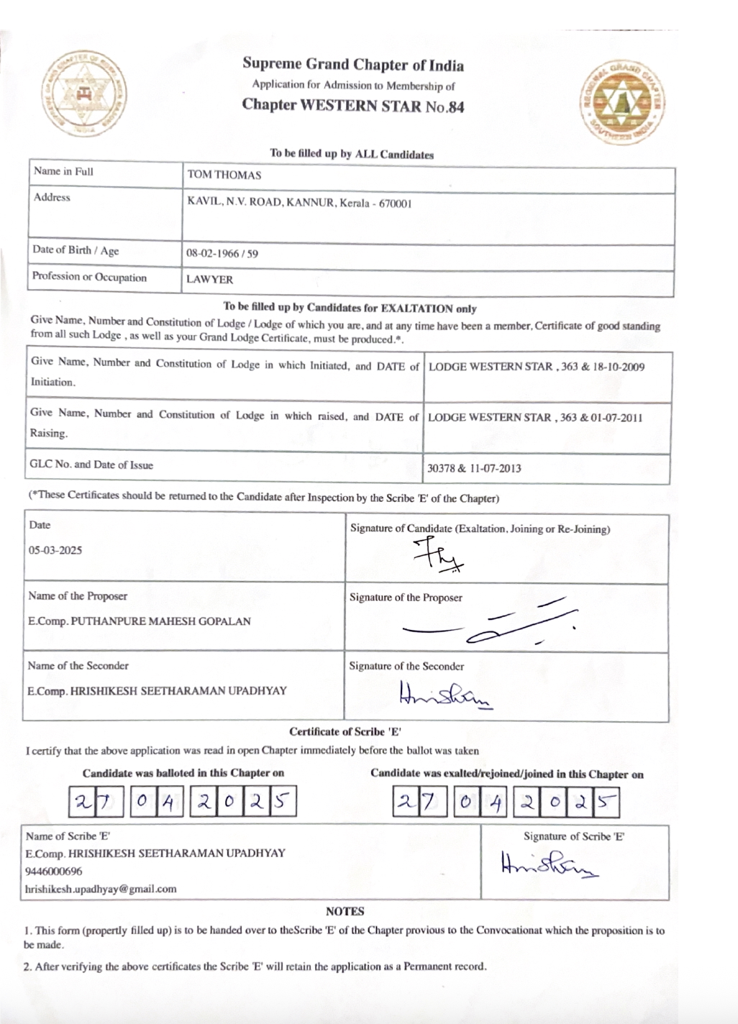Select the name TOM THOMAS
coord(224,175)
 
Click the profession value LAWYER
coord(209,280)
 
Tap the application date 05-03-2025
coord(55,551)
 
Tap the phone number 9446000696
coord(54,871)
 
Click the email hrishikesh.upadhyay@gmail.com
coord(101,889)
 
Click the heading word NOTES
coord(345,911)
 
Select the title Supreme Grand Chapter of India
coord(353,65)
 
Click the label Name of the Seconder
coord(78,666)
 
